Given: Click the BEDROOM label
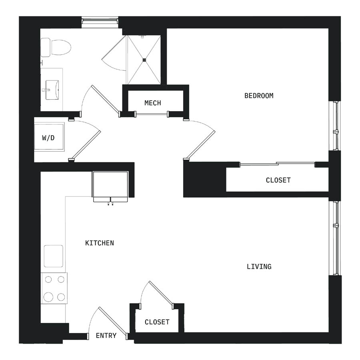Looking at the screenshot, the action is coord(259,96).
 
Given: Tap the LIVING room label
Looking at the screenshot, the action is coord(259,266).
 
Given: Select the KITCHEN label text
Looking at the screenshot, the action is coord(100,243).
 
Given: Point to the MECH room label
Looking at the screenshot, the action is coord(153,103).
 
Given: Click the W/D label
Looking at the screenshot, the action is coord(48,138).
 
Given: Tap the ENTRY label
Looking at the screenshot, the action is coord(106,336).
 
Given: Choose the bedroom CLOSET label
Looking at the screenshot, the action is coord(278,180).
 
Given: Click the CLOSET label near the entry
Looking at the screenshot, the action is coord(157,322).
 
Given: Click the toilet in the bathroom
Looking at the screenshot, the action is coord(56,48).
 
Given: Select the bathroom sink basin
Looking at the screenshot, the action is coord(52,90).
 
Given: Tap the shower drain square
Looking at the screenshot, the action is coord(144,60).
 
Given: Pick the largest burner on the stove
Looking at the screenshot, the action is coord(48,297).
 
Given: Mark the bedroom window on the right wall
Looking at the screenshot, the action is coord(335,126).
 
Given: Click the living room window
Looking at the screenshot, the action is coord(335,238).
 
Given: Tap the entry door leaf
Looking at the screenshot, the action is coord(113,321).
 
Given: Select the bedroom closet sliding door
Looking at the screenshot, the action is coord(277,164).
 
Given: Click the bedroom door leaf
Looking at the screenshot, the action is coord(201,145).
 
